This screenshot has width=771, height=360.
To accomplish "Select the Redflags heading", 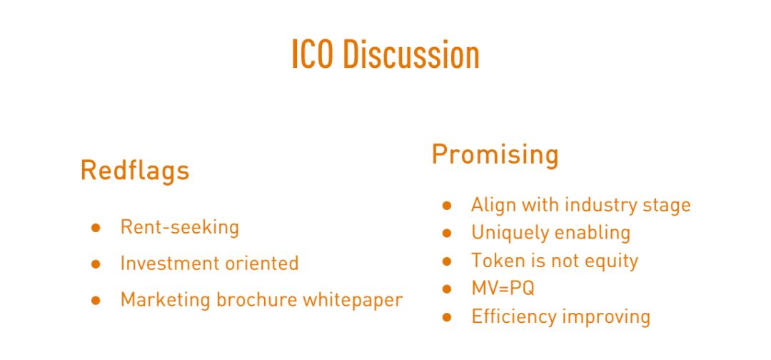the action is [x=135, y=171].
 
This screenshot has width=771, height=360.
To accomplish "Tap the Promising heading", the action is [x=495, y=154].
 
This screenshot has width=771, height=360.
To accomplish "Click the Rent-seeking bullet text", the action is [x=179, y=227].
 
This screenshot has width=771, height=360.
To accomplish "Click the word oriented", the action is [x=261, y=263].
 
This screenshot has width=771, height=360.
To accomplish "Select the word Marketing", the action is [x=165, y=299].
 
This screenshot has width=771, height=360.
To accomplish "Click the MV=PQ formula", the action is [x=503, y=288].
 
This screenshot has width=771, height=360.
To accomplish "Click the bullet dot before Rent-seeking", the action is [x=96, y=228].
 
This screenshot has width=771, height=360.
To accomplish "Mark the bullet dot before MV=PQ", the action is [x=447, y=289].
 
